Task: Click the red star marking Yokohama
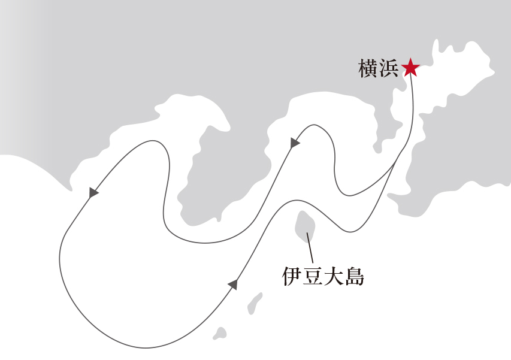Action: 410,68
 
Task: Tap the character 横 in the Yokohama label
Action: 368,68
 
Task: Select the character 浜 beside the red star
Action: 389,68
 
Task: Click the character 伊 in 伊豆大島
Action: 292,277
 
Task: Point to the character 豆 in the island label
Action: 312,277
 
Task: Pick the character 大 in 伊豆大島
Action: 333,277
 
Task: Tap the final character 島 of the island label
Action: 354,277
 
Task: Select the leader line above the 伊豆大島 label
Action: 310,247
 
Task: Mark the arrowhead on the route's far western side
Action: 93,192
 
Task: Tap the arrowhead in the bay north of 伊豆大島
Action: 294,143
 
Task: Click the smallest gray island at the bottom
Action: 220,334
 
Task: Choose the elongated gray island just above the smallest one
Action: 254,304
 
